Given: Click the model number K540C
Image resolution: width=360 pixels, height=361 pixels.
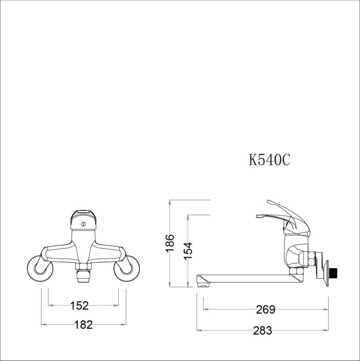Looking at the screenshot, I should (x=269, y=160).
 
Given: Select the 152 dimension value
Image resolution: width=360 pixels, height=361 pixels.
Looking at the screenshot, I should (x=79, y=306).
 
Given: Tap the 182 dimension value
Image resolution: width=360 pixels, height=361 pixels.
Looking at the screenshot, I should (x=83, y=324).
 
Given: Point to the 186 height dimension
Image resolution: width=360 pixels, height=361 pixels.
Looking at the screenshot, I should (x=170, y=243).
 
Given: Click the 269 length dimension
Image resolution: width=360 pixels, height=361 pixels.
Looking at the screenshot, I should (x=265, y=310).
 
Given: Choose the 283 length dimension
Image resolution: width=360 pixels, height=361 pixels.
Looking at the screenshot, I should (x=262, y=331).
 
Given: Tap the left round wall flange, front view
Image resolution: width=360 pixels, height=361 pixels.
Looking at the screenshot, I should (x=38, y=268).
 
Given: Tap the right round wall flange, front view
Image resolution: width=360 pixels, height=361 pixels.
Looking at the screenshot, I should (x=129, y=268).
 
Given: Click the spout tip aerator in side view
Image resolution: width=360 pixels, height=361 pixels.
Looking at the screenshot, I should (x=202, y=281).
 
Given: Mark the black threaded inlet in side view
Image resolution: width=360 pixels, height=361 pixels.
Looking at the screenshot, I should (x=335, y=272).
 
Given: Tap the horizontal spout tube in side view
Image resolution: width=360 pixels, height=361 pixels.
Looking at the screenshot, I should (x=247, y=278).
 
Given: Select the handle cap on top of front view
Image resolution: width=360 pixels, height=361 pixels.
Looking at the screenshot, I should (x=83, y=212).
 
